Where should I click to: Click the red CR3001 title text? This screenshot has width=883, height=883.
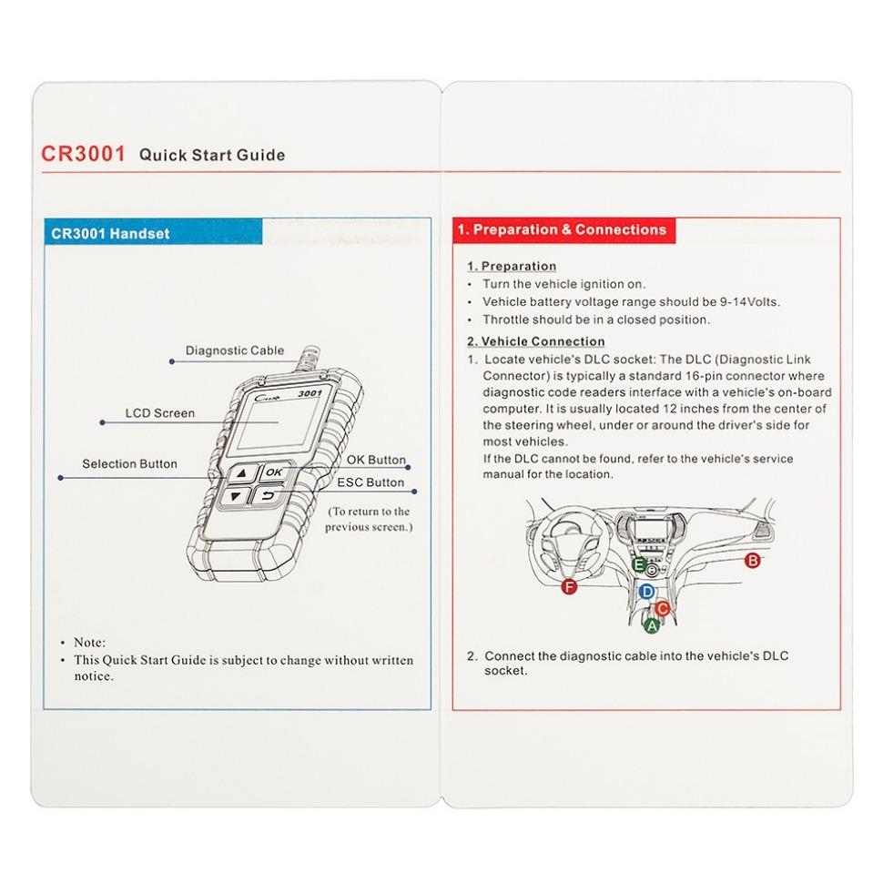pyautogui.click(x=83, y=154)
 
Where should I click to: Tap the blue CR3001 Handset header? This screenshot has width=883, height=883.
pyautogui.click(x=110, y=233)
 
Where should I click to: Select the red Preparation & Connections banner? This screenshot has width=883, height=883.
pyautogui.click(x=562, y=230)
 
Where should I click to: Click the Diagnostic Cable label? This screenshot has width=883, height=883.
pyautogui.click(x=234, y=350)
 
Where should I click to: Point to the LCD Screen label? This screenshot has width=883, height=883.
pyautogui.click(x=159, y=413)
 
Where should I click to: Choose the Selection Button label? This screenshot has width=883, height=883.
pyautogui.click(x=129, y=464)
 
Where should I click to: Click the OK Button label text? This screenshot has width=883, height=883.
pyautogui.click(x=375, y=461)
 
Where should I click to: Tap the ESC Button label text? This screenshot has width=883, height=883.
pyautogui.click(x=370, y=482)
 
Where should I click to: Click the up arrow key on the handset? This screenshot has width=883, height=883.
pyautogui.click(x=240, y=474)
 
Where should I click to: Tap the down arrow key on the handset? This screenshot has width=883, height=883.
pyautogui.click(x=236, y=497)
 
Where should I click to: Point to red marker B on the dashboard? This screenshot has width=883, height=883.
pyautogui.click(x=752, y=561)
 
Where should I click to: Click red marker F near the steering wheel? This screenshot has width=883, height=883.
pyautogui.click(x=570, y=587)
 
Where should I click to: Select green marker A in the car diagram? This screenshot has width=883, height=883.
pyautogui.click(x=650, y=625)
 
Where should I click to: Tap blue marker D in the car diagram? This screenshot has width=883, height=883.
pyautogui.click(x=646, y=592)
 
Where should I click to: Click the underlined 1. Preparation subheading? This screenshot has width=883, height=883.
pyautogui.click(x=511, y=267)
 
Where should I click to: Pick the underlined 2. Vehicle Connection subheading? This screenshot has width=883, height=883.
pyautogui.click(x=535, y=341)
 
